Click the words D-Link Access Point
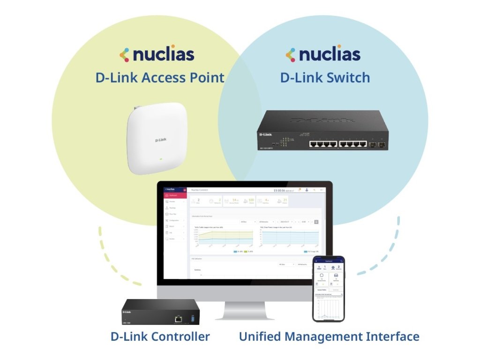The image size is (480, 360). point(160,77)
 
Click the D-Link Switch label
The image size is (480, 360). point(325,77)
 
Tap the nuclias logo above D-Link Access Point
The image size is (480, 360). point(157,54)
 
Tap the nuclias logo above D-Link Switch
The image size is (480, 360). point(323,54)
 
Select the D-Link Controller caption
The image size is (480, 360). point(160,336)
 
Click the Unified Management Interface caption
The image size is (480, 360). point(329,336)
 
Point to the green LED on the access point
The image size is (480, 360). point(160,159)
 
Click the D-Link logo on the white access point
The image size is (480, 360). point(161,139)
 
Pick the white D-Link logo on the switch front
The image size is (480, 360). point(265,135)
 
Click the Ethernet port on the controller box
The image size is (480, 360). point(179,318)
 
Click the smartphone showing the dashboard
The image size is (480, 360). point(328,289)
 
